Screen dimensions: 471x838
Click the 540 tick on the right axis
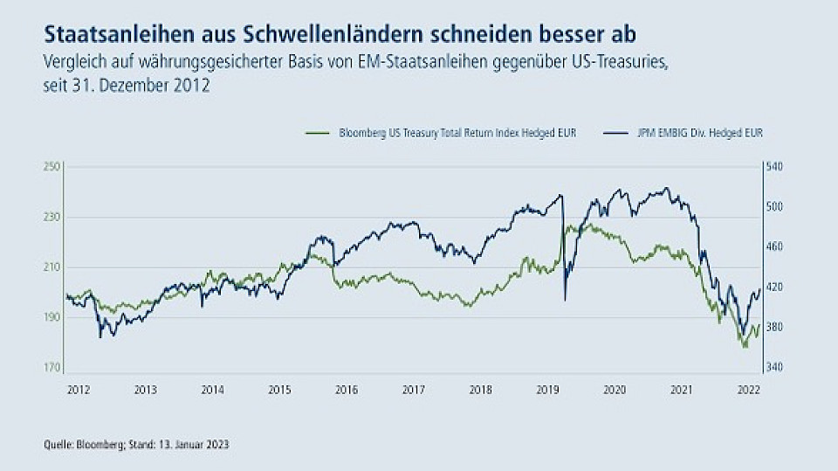[x=775, y=167]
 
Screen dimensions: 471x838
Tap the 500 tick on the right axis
[x=775, y=207]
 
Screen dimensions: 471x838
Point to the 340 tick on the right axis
[x=775, y=368]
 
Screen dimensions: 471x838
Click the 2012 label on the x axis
[x=77, y=389]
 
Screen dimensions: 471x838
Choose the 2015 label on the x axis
[x=278, y=389]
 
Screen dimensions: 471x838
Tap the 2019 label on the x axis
[x=547, y=389]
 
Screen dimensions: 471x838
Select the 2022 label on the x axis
[x=748, y=389]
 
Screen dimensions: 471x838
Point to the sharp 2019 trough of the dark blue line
[x=565, y=301]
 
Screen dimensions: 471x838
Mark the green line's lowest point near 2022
[x=745, y=347]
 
